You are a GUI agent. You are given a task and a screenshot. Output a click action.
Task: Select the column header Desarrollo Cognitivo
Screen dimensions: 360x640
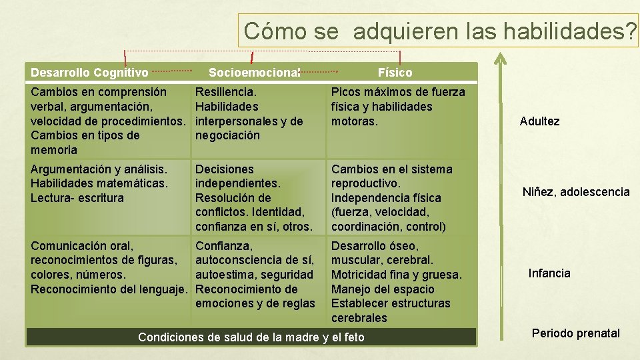tap(89, 72)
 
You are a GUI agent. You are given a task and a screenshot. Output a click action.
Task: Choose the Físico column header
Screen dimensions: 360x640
tap(395, 72)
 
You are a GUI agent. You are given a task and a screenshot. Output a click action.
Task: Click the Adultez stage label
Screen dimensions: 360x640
tap(539, 121)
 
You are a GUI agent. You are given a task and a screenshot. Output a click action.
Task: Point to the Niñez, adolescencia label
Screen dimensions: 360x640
tap(575, 192)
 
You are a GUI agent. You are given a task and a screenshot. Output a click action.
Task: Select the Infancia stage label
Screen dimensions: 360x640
tap(549, 273)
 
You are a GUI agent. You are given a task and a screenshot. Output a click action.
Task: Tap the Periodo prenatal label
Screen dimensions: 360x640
tap(575, 333)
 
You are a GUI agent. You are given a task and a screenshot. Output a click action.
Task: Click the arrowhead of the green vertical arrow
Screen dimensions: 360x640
tap(499, 58)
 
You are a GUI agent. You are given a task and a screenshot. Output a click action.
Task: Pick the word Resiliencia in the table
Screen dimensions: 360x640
tap(225, 92)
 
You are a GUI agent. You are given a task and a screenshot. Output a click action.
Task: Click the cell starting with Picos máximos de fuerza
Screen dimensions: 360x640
tap(398, 107)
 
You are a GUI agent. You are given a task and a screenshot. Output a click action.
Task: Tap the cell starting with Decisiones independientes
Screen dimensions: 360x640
tap(253, 198)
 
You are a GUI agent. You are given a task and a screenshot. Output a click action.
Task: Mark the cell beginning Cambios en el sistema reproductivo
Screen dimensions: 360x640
tap(392, 198)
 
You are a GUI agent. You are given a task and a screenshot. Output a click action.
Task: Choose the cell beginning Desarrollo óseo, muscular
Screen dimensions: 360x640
tap(396, 282)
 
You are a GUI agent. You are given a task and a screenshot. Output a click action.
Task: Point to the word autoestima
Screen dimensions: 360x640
tap(225, 275)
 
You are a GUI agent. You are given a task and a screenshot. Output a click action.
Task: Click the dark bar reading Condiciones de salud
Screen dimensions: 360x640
tap(251, 337)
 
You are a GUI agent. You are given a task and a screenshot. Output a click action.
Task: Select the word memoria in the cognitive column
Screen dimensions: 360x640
tap(54, 150)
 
